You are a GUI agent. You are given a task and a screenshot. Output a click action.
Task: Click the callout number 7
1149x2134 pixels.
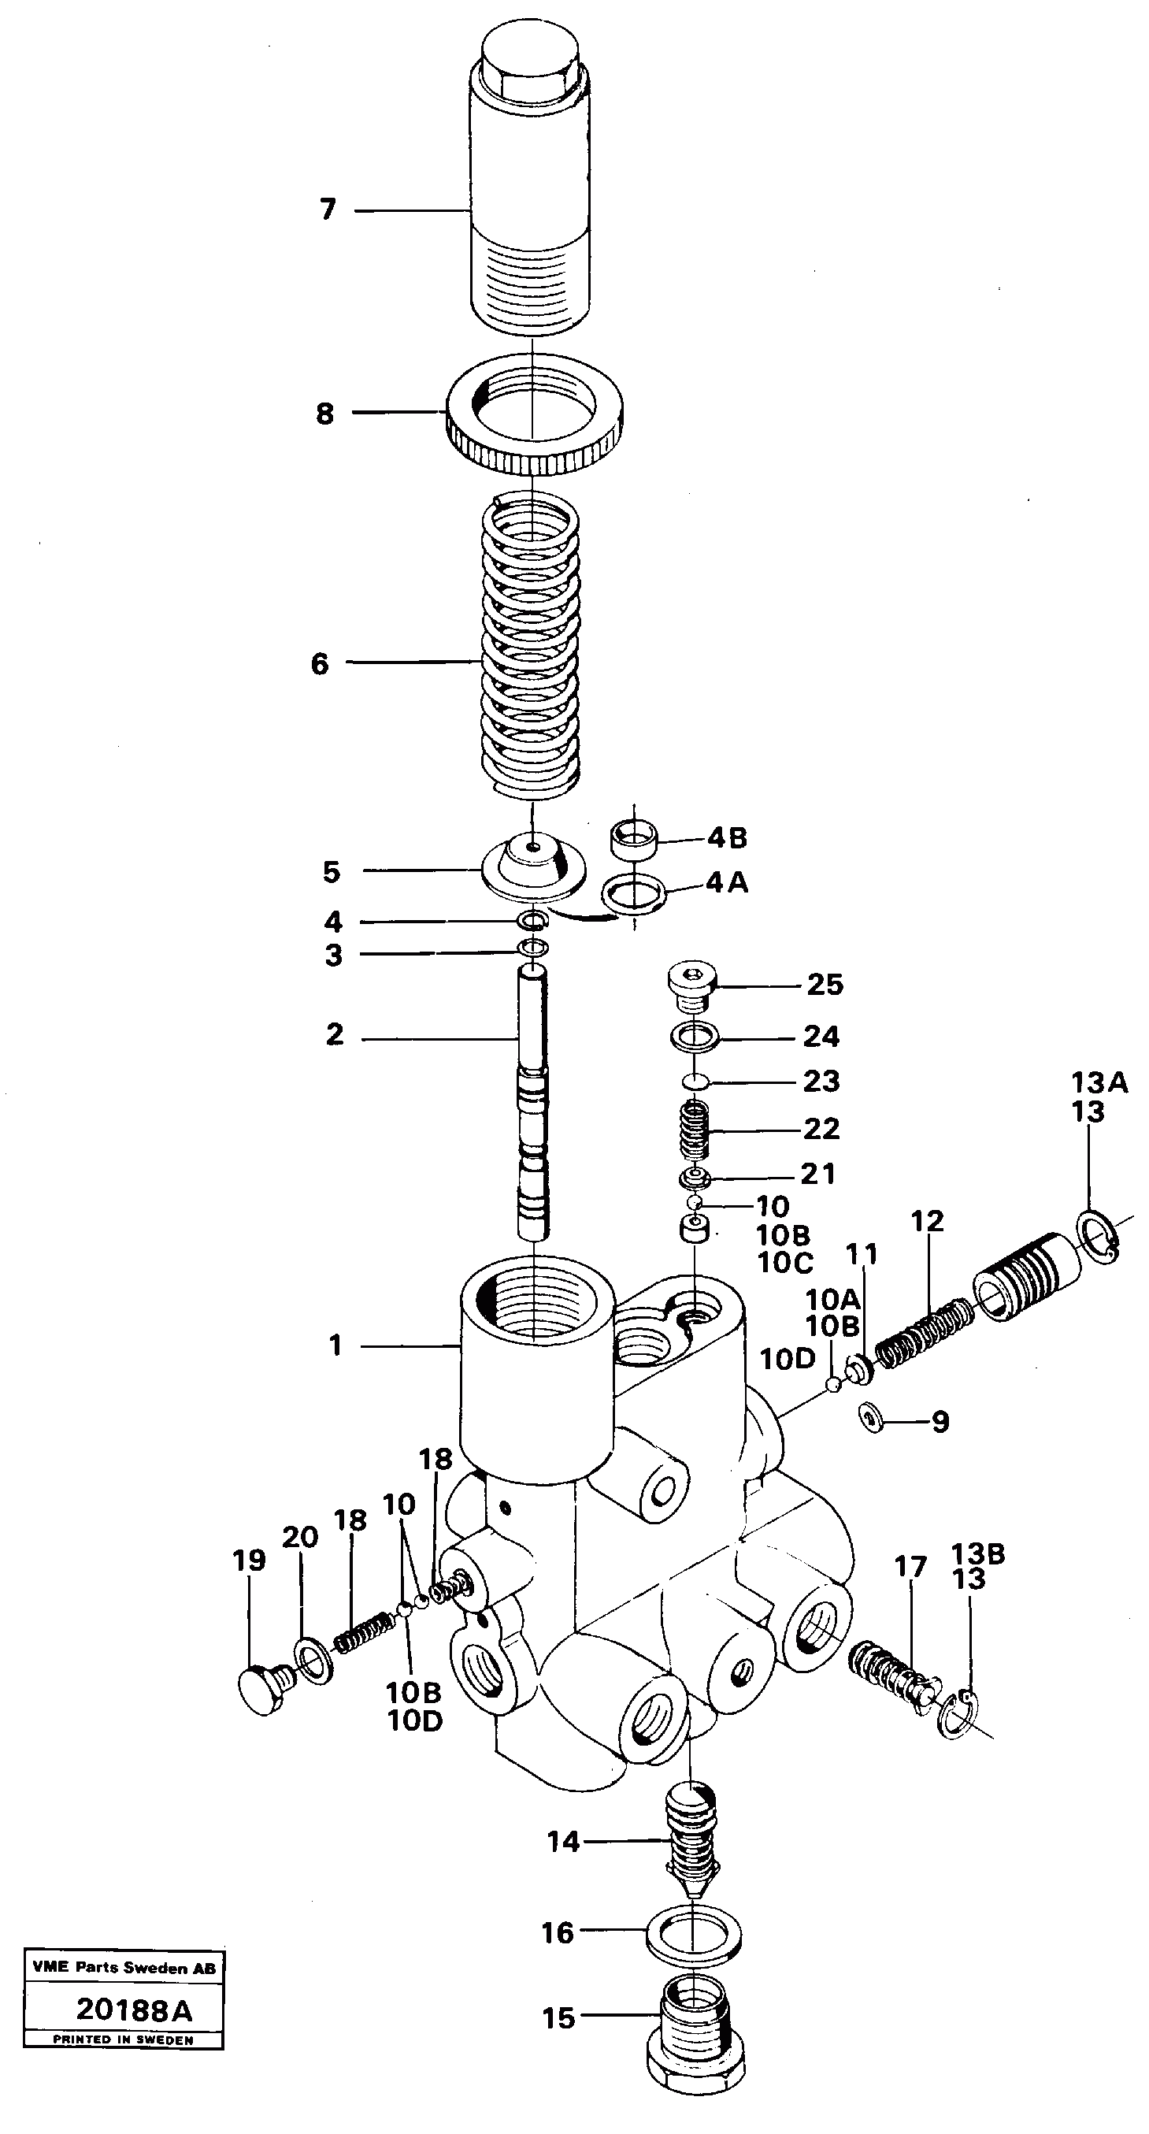click(x=328, y=210)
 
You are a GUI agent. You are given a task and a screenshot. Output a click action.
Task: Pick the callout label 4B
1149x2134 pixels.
click(x=728, y=837)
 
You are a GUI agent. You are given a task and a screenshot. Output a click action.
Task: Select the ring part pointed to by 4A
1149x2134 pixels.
click(x=635, y=895)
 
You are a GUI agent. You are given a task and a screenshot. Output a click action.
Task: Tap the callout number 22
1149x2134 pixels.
click(x=821, y=1128)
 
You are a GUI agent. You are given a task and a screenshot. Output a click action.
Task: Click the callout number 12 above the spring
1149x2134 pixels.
click(x=927, y=1221)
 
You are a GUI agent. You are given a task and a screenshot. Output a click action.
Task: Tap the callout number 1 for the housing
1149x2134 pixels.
click(x=335, y=1345)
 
